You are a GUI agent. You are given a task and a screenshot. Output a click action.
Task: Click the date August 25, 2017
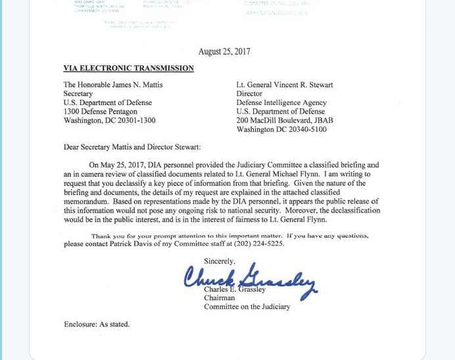point(224,52)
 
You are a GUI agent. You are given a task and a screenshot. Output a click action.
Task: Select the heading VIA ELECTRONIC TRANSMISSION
point(128,68)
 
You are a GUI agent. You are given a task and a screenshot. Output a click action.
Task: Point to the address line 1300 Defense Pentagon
point(100,112)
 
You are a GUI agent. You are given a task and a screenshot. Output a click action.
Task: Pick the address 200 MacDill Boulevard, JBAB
point(285,120)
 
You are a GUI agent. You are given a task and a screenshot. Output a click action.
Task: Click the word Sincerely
point(219,261)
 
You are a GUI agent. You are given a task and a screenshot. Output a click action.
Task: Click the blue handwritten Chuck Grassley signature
point(250,279)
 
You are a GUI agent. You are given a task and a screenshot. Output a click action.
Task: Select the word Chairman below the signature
point(220,298)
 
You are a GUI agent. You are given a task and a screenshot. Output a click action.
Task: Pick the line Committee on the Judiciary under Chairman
point(247,307)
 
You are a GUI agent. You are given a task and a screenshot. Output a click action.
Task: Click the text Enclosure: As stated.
point(97,324)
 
